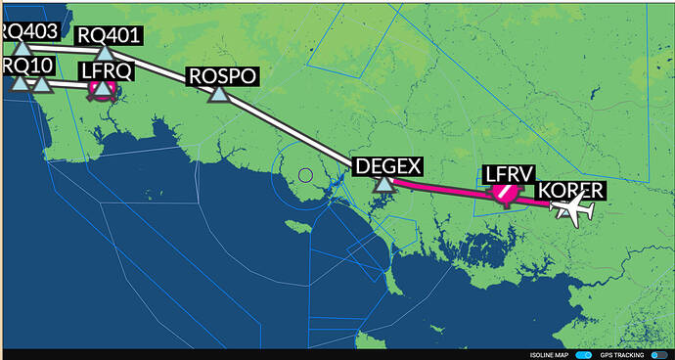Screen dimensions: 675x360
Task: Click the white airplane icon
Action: point(572,207)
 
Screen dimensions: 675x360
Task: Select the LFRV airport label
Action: point(511,174)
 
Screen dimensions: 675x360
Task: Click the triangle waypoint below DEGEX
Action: point(384,183)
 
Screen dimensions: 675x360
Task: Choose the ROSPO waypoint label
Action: point(222,76)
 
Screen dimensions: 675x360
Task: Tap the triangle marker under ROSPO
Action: point(218,94)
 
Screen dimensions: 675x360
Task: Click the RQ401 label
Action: point(110,36)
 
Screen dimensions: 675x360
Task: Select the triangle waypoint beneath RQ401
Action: point(105,53)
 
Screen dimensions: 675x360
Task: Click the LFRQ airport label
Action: point(106,70)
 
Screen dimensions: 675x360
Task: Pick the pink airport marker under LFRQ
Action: point(102,89)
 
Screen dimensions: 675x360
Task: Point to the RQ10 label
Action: point(23,66)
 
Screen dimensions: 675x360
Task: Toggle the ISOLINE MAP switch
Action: point(585,354)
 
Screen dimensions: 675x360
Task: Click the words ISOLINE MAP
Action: point(551,354)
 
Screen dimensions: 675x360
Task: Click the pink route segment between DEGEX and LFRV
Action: point(440,187)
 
